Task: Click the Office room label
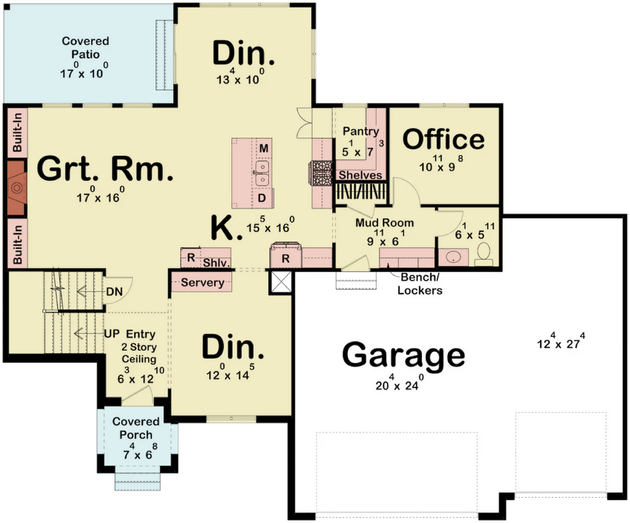(x=443, y=139)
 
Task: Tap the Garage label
(x=403, y=357)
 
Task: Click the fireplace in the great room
(x=16, y=188)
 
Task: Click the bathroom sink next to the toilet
(x=453, y=257)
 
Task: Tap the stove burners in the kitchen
(x=320, y=173)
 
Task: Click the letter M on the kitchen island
(x=264, y=148)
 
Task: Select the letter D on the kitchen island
(x=262, y=198)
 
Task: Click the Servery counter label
(x=203, y=283)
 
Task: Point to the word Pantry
(x=361, y=132)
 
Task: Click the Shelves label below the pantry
(x=360, y=175)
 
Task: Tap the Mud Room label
(x=384, y=223)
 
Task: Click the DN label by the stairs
(x=114, y=291)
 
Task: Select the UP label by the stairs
(x=112, y=334)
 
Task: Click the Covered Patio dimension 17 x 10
(x=84, y=71)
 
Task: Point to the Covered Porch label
(x=136, y=428)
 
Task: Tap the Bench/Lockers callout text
(x=419, y=284)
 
